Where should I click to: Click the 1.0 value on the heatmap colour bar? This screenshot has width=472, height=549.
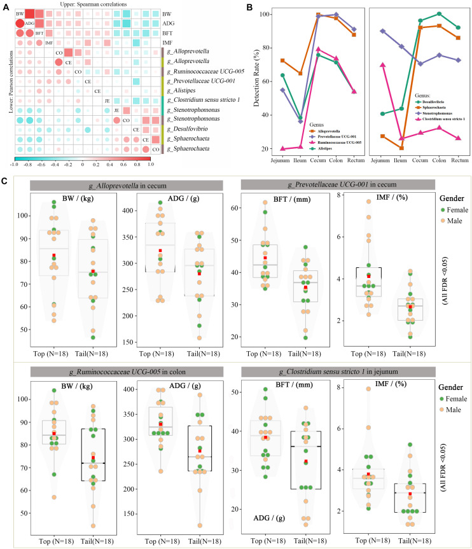[x=149, y=163]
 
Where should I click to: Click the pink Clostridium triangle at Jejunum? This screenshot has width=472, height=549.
[x=382, y=64]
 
